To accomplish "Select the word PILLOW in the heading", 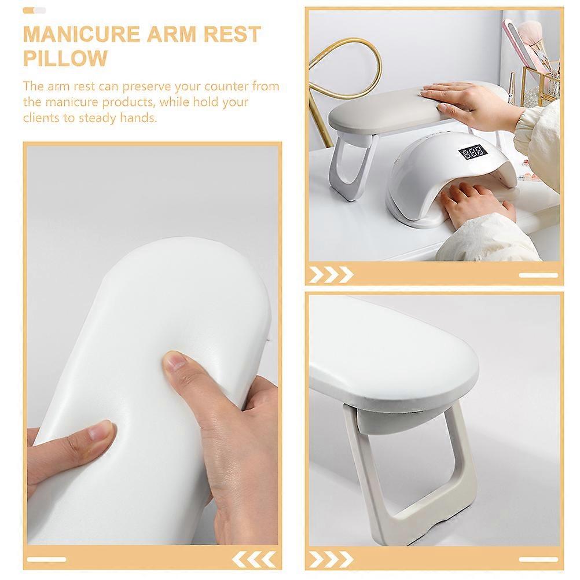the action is [65, 58].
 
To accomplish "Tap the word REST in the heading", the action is [232, 34].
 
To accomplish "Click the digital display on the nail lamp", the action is [473, 152].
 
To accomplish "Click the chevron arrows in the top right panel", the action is [331, 274].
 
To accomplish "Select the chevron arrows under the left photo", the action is [254, 559].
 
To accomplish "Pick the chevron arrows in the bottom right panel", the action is [331, 559].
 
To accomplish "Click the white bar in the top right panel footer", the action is [538, 275].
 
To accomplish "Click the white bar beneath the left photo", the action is [47, 559].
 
